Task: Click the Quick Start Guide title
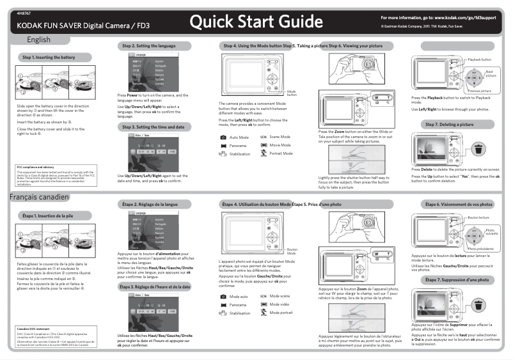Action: tap(256, 22)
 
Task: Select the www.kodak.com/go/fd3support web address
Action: tap(462, 17)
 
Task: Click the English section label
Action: tap(38, 40)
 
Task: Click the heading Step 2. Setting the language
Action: tap(148, 47)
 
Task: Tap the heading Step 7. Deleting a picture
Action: tap(449, 124)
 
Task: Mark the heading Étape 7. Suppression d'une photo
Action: tap(457, 280)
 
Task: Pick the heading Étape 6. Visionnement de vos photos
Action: tap(459, 204)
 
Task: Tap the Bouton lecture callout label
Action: tap(478, 218)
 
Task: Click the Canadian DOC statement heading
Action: tap(33, 329)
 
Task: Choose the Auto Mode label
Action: tap(239, 137)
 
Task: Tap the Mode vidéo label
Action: tap(280, 304)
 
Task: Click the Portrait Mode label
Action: tap(281, 153)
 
